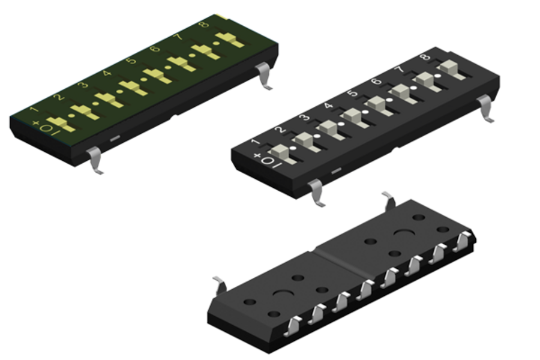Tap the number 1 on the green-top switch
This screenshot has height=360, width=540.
(34, 110)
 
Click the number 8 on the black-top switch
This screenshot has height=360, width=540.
(425, 58)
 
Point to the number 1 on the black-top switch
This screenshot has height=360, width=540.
(255, 143)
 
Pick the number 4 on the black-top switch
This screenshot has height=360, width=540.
(328, 106)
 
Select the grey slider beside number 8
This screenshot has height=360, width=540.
(447, 68)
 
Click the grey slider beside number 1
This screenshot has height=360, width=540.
(281, 153)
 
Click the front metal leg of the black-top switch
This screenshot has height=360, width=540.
(316, 192)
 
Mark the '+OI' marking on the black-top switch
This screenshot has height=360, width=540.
(267, 160)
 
